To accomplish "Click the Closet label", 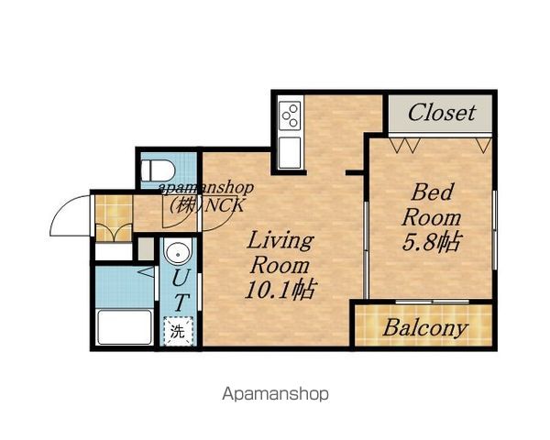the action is [442, 113].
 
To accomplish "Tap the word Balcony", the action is [425, 328].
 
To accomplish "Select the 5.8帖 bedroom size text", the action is [431, 241].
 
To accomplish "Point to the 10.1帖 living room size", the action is [280, 289].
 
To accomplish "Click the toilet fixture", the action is [158, 170].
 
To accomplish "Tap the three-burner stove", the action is [290, 115].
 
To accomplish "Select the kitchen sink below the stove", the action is [290, 153].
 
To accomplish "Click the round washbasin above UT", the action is [179, 251].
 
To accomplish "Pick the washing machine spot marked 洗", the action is [178, 331].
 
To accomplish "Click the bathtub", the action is [125, 327].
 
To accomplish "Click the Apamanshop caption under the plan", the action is [276, 394].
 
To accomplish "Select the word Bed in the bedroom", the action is [433, 192].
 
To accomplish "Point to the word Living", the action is [280, 242].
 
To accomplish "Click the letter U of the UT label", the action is [181, 277].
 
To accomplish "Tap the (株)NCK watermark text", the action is [206, 204].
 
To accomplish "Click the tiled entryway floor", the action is [114, 218].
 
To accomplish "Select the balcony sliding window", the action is [432, 302].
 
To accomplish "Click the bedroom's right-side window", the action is [495, 230].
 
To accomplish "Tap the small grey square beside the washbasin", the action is [146, 248].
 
